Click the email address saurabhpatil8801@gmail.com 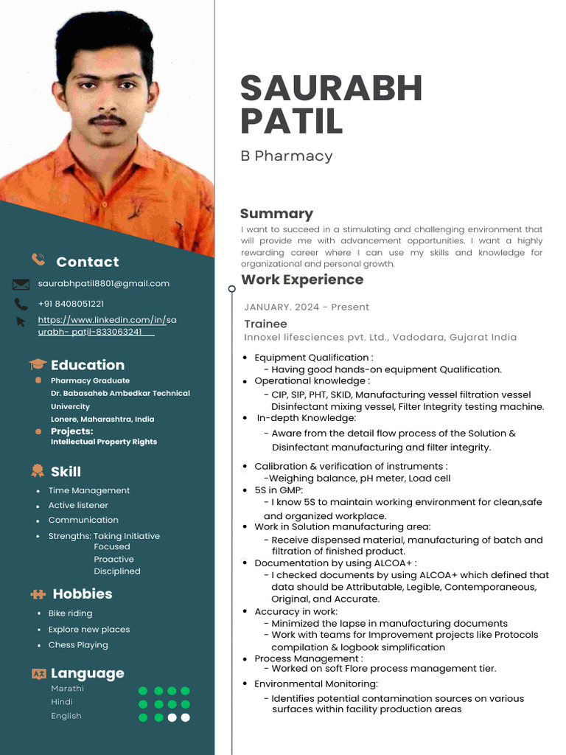point(103,283)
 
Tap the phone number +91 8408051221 point(71,303)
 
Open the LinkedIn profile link point(107,326)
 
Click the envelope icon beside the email point(21,284)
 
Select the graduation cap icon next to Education point(38,364)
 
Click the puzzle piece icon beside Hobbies point(38,594)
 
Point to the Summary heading point(276,214)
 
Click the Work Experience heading point(302,279)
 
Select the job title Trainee point(265,324)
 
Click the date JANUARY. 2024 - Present point(307,307)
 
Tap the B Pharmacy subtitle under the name point(286,156)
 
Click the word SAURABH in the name point(331,88)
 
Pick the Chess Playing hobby point(78,644)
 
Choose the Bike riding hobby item point(70,613)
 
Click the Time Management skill point(88,490)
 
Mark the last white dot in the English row point(185,717)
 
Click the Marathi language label point(67,688)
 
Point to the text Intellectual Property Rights point(103,442)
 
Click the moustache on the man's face point(107,118)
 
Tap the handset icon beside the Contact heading point(38,259)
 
